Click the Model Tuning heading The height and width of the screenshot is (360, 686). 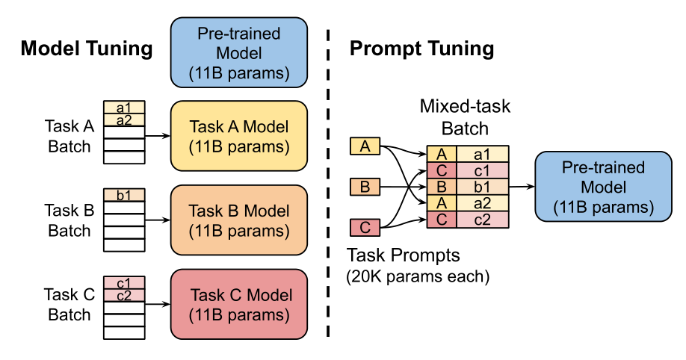[x=86, y=49]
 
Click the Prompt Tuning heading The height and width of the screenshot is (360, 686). [x=421, y=49]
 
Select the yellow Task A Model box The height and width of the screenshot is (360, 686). [x=239, y=136]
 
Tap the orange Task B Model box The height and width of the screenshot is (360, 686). [x=239, y=220]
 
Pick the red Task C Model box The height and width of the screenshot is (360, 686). [x=239, y=304]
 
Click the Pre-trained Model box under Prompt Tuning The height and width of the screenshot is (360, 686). [x=593, y=187]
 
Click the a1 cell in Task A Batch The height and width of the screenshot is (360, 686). [x=124, y=108]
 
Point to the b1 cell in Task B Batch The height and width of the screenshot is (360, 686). [x=124, y=196]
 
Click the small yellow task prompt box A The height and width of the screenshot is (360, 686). [x=365, y=147]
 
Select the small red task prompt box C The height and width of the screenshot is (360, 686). [x=365, y=227]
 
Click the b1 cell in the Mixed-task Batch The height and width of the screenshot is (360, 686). [x=482, y=187]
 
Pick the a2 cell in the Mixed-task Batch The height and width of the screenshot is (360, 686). [x=482, y=203]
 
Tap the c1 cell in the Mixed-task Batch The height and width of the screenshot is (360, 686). [x=482, y=171]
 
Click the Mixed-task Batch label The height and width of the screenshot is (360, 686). [x=464, y=117]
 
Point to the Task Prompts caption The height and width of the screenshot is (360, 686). [x=404, y=256]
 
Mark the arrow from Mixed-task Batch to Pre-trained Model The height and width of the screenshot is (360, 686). [x=522, y=187]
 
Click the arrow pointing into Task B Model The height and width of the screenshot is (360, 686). [x=157, y=220]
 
